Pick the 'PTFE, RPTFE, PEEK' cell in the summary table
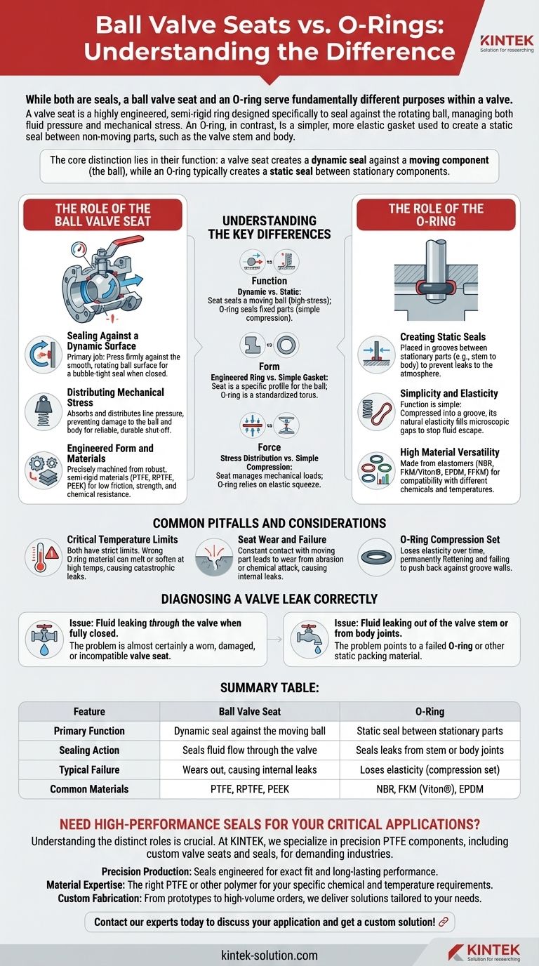tap(249, 789)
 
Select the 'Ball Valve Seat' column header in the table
tap(249, 711)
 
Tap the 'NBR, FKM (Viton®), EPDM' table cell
tap(430, 789)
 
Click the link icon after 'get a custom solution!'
tap(443, 921)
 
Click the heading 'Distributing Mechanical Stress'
tap(115, 397)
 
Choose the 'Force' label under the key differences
tap(269, 446)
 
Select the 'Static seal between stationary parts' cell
tap(430, 731)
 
